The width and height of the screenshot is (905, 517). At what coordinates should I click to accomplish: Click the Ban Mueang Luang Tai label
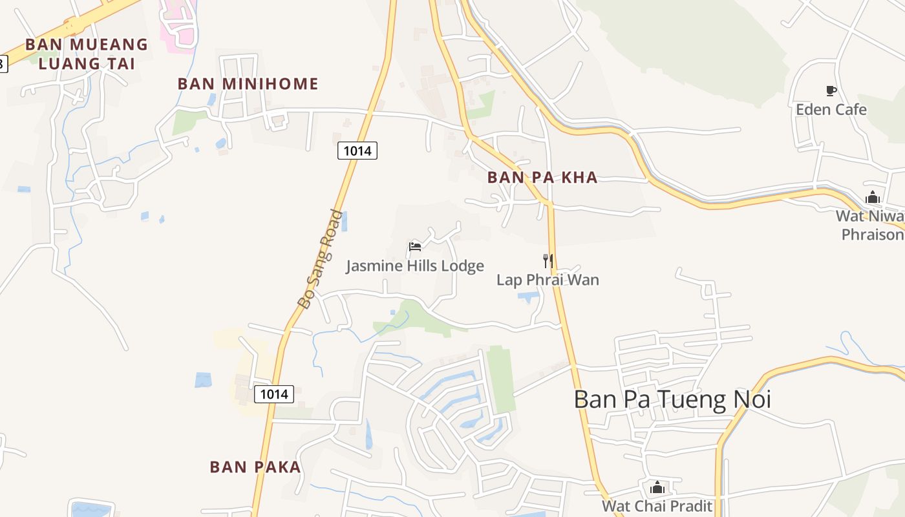tap(87, 54)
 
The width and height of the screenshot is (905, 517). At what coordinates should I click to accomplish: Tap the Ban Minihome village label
tap(248, 84)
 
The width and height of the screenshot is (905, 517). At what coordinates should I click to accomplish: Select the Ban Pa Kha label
tap(542, 178)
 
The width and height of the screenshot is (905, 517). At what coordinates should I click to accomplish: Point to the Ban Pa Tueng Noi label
tap(672, 399)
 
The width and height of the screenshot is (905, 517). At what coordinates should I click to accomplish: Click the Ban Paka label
tap(255, 467)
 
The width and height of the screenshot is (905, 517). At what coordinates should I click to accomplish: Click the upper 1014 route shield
tap(357, 151)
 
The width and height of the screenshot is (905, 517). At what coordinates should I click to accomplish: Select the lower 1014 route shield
tap(274, 394)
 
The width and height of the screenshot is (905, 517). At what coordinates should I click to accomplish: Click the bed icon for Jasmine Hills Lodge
tap(415, 246)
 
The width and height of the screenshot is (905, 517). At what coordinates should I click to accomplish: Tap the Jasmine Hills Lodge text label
tap(415, 266)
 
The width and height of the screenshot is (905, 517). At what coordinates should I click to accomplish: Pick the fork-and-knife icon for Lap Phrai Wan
tap(548, 260)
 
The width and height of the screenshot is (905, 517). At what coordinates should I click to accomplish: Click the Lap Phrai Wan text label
tap(548, 280)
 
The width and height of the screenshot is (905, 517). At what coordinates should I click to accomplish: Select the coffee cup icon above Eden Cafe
tap(831, 90)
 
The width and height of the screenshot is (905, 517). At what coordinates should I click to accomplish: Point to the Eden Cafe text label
tap(831, 109)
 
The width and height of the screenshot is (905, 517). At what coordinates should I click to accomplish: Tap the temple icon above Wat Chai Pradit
tap(657, 487)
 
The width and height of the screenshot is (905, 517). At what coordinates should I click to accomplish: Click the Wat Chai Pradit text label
tap(657, 505)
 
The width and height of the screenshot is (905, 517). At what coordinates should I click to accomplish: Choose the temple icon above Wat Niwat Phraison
tap(873, 197)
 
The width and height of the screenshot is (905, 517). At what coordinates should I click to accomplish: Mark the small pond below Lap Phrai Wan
tap(528, 297)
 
